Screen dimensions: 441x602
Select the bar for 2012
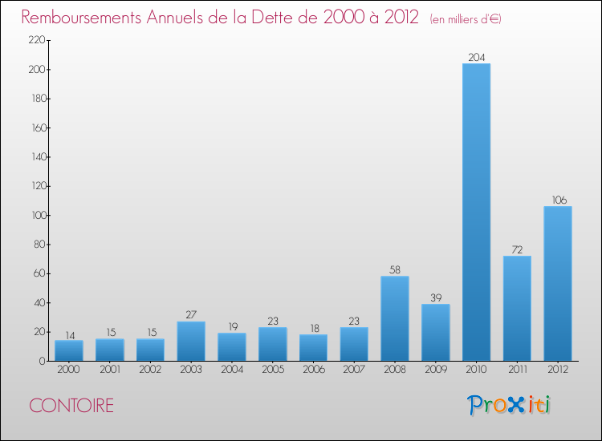tap(558, 284)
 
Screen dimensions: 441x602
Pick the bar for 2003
tap(191, 342)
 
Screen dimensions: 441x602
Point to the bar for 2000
tap(69, 350)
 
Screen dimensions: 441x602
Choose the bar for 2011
tap(517, 309)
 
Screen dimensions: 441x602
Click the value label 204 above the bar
tap(476, 57)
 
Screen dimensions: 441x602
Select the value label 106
tap(558, 200)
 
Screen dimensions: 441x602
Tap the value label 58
tap(395, 269)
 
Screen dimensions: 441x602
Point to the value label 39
tap(435, 297)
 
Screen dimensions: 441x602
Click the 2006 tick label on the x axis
tap(313, 370)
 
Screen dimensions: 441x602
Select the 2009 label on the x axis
tap(435, 370)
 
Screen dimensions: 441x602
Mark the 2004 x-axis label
tap(232, 370)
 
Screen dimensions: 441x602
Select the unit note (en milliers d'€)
tap(466, 18)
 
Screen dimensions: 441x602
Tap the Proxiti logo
tap(509, 405)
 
